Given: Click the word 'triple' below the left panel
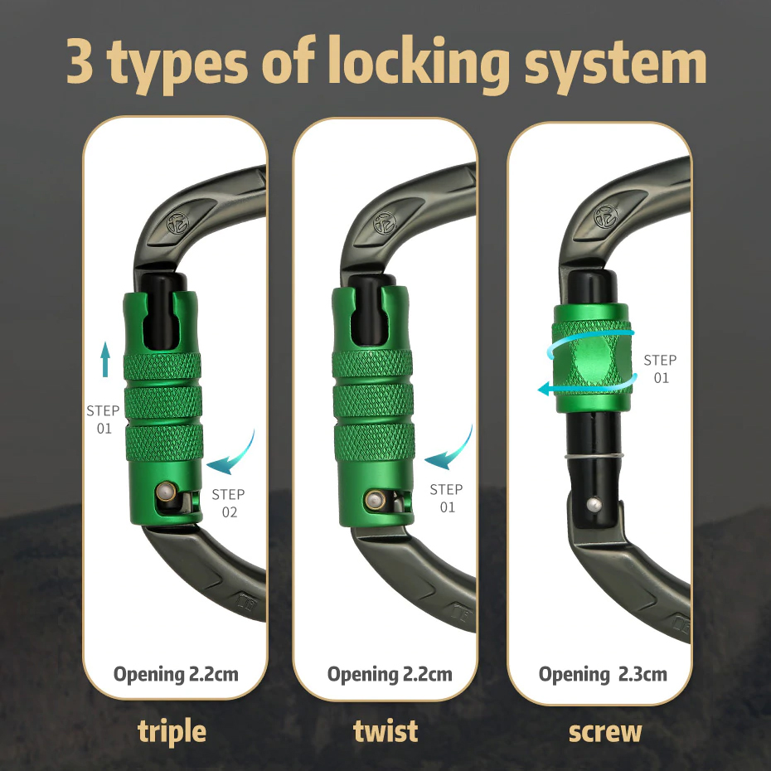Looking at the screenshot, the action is [172, 732].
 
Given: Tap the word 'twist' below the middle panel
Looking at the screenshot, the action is [385, 730].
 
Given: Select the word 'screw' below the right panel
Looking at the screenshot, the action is [605, 732].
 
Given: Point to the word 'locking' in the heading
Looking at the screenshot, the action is [419, 64].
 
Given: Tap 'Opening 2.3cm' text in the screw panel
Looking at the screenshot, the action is [603, 675].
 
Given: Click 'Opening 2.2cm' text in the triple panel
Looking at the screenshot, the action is [176, 675].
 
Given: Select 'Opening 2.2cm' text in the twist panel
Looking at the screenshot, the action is [390, 675].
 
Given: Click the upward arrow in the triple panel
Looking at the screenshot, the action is [104, 360].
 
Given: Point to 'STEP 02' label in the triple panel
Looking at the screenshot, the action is [229, 503].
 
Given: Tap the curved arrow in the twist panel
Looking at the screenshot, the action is [450, 449].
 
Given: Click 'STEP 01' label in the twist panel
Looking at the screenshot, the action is [447, 498].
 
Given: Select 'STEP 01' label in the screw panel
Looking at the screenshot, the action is [661, 369].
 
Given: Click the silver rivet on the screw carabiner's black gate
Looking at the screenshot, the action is [594, 505].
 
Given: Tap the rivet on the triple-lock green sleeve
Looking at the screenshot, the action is [166, 492].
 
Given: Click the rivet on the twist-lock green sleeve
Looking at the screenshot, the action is [376, 500].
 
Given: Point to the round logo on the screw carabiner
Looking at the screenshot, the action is [605, 216].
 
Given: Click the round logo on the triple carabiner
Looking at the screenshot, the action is [177, 223].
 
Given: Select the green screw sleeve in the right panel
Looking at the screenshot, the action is [592, 358].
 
